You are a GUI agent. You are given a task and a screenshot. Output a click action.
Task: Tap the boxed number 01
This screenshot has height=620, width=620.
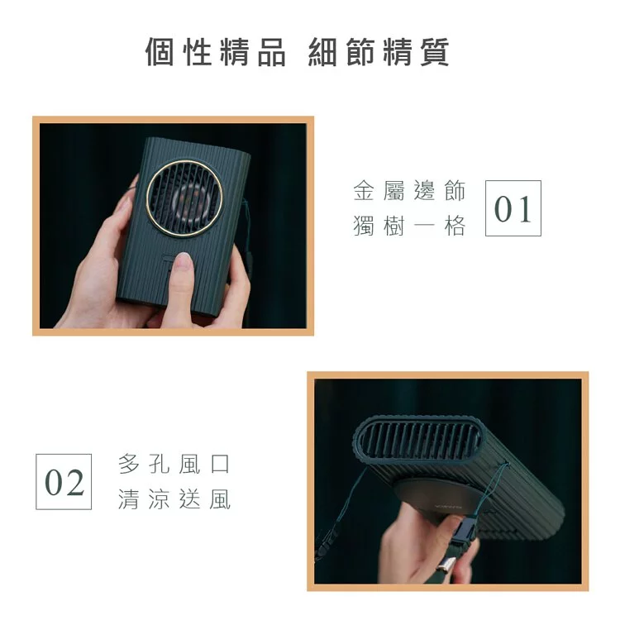[513, 208]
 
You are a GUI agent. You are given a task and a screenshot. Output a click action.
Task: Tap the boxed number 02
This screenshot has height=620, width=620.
[64, 481]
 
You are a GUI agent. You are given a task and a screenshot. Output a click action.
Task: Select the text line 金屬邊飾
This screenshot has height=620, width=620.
[409, 192]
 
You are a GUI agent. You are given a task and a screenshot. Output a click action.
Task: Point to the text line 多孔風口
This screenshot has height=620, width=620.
[174, 465]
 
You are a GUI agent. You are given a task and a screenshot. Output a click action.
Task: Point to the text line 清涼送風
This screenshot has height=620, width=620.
[174, 499]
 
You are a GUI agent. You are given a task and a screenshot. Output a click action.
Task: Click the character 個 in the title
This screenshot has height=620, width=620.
[160, 52]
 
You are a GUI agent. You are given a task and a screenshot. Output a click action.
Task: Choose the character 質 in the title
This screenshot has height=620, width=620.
[434, 52]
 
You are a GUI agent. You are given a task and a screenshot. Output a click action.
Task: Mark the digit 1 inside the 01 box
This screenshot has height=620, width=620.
[523, 208]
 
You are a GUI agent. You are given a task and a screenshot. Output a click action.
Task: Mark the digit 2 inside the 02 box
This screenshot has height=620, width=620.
[74, 481]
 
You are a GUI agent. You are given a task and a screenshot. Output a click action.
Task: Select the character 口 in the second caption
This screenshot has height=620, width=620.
[220, 465]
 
